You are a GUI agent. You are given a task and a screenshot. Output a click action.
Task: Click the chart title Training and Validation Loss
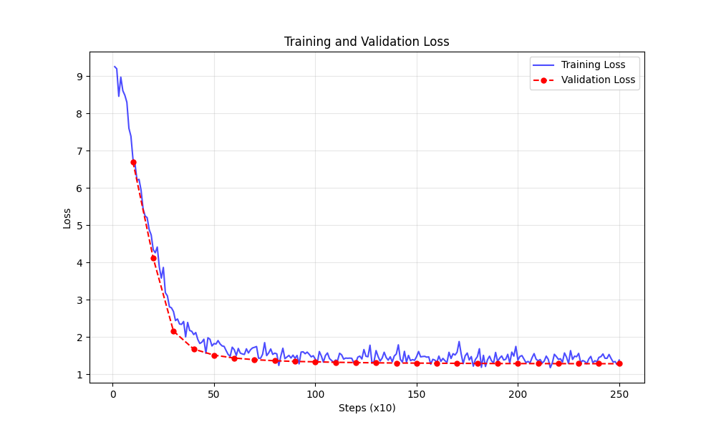pyautogui.click(x=367, y=42)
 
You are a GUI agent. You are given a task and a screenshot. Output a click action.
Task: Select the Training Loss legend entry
pyautogui.click(x=593, y=65)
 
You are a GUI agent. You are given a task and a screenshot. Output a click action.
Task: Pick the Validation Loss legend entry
pyautogui.click(x=598, y=80)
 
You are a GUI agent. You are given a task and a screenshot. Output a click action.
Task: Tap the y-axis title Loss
pyautogui.click(x=67, y=218)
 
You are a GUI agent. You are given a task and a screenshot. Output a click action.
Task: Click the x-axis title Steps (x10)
pyautogui.click(x=367, y=408)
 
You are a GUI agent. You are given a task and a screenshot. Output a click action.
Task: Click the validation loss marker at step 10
pyautogui.click(x=133, y=163)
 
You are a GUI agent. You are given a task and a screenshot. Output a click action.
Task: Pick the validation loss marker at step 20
pyautogui.click(x=153, y=258)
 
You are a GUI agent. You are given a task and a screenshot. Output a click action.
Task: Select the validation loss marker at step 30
pyautogui.click(x=173, y=331)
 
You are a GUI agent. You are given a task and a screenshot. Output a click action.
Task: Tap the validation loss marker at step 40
pyautogui.click(x=194, y=349)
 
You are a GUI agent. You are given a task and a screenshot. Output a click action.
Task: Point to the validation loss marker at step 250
pyautogui.click(x=619, y=363)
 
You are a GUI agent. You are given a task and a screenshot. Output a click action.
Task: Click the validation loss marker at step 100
pyautogui.click(x=315, y=362)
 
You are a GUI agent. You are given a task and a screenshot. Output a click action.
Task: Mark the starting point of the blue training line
pyautogui.click(x=115, y=67)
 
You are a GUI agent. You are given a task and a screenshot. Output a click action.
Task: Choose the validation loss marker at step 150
pyautogui.click(x=417, y=363)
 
